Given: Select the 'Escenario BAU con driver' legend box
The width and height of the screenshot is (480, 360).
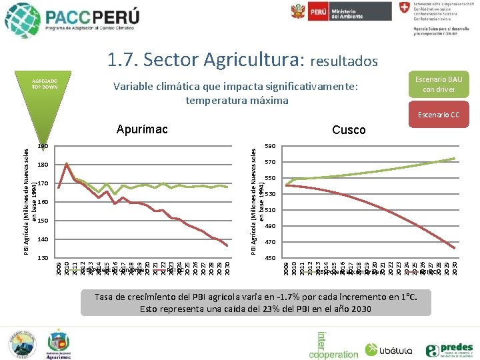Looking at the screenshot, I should click(438, 84).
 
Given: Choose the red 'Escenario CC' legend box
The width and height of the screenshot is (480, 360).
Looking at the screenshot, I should click(438, 115).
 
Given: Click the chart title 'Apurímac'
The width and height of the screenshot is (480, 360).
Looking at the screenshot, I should click(141, 129).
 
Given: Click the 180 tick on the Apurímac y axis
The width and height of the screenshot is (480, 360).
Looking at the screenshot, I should click(43, 165).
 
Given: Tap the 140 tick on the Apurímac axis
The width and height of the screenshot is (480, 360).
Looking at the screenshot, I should click(43, 239).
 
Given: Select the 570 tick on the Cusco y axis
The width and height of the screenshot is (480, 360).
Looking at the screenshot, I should click(270, 162).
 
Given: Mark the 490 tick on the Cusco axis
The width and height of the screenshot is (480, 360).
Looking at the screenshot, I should click(270, 226).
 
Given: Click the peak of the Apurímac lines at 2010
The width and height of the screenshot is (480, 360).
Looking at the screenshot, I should click(67, 163).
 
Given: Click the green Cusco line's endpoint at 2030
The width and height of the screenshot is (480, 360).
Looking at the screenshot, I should click(455, 158).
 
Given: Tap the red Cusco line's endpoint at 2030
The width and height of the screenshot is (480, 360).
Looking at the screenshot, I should click(455, 249).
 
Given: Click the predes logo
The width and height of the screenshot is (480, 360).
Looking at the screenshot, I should click(449, 349).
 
